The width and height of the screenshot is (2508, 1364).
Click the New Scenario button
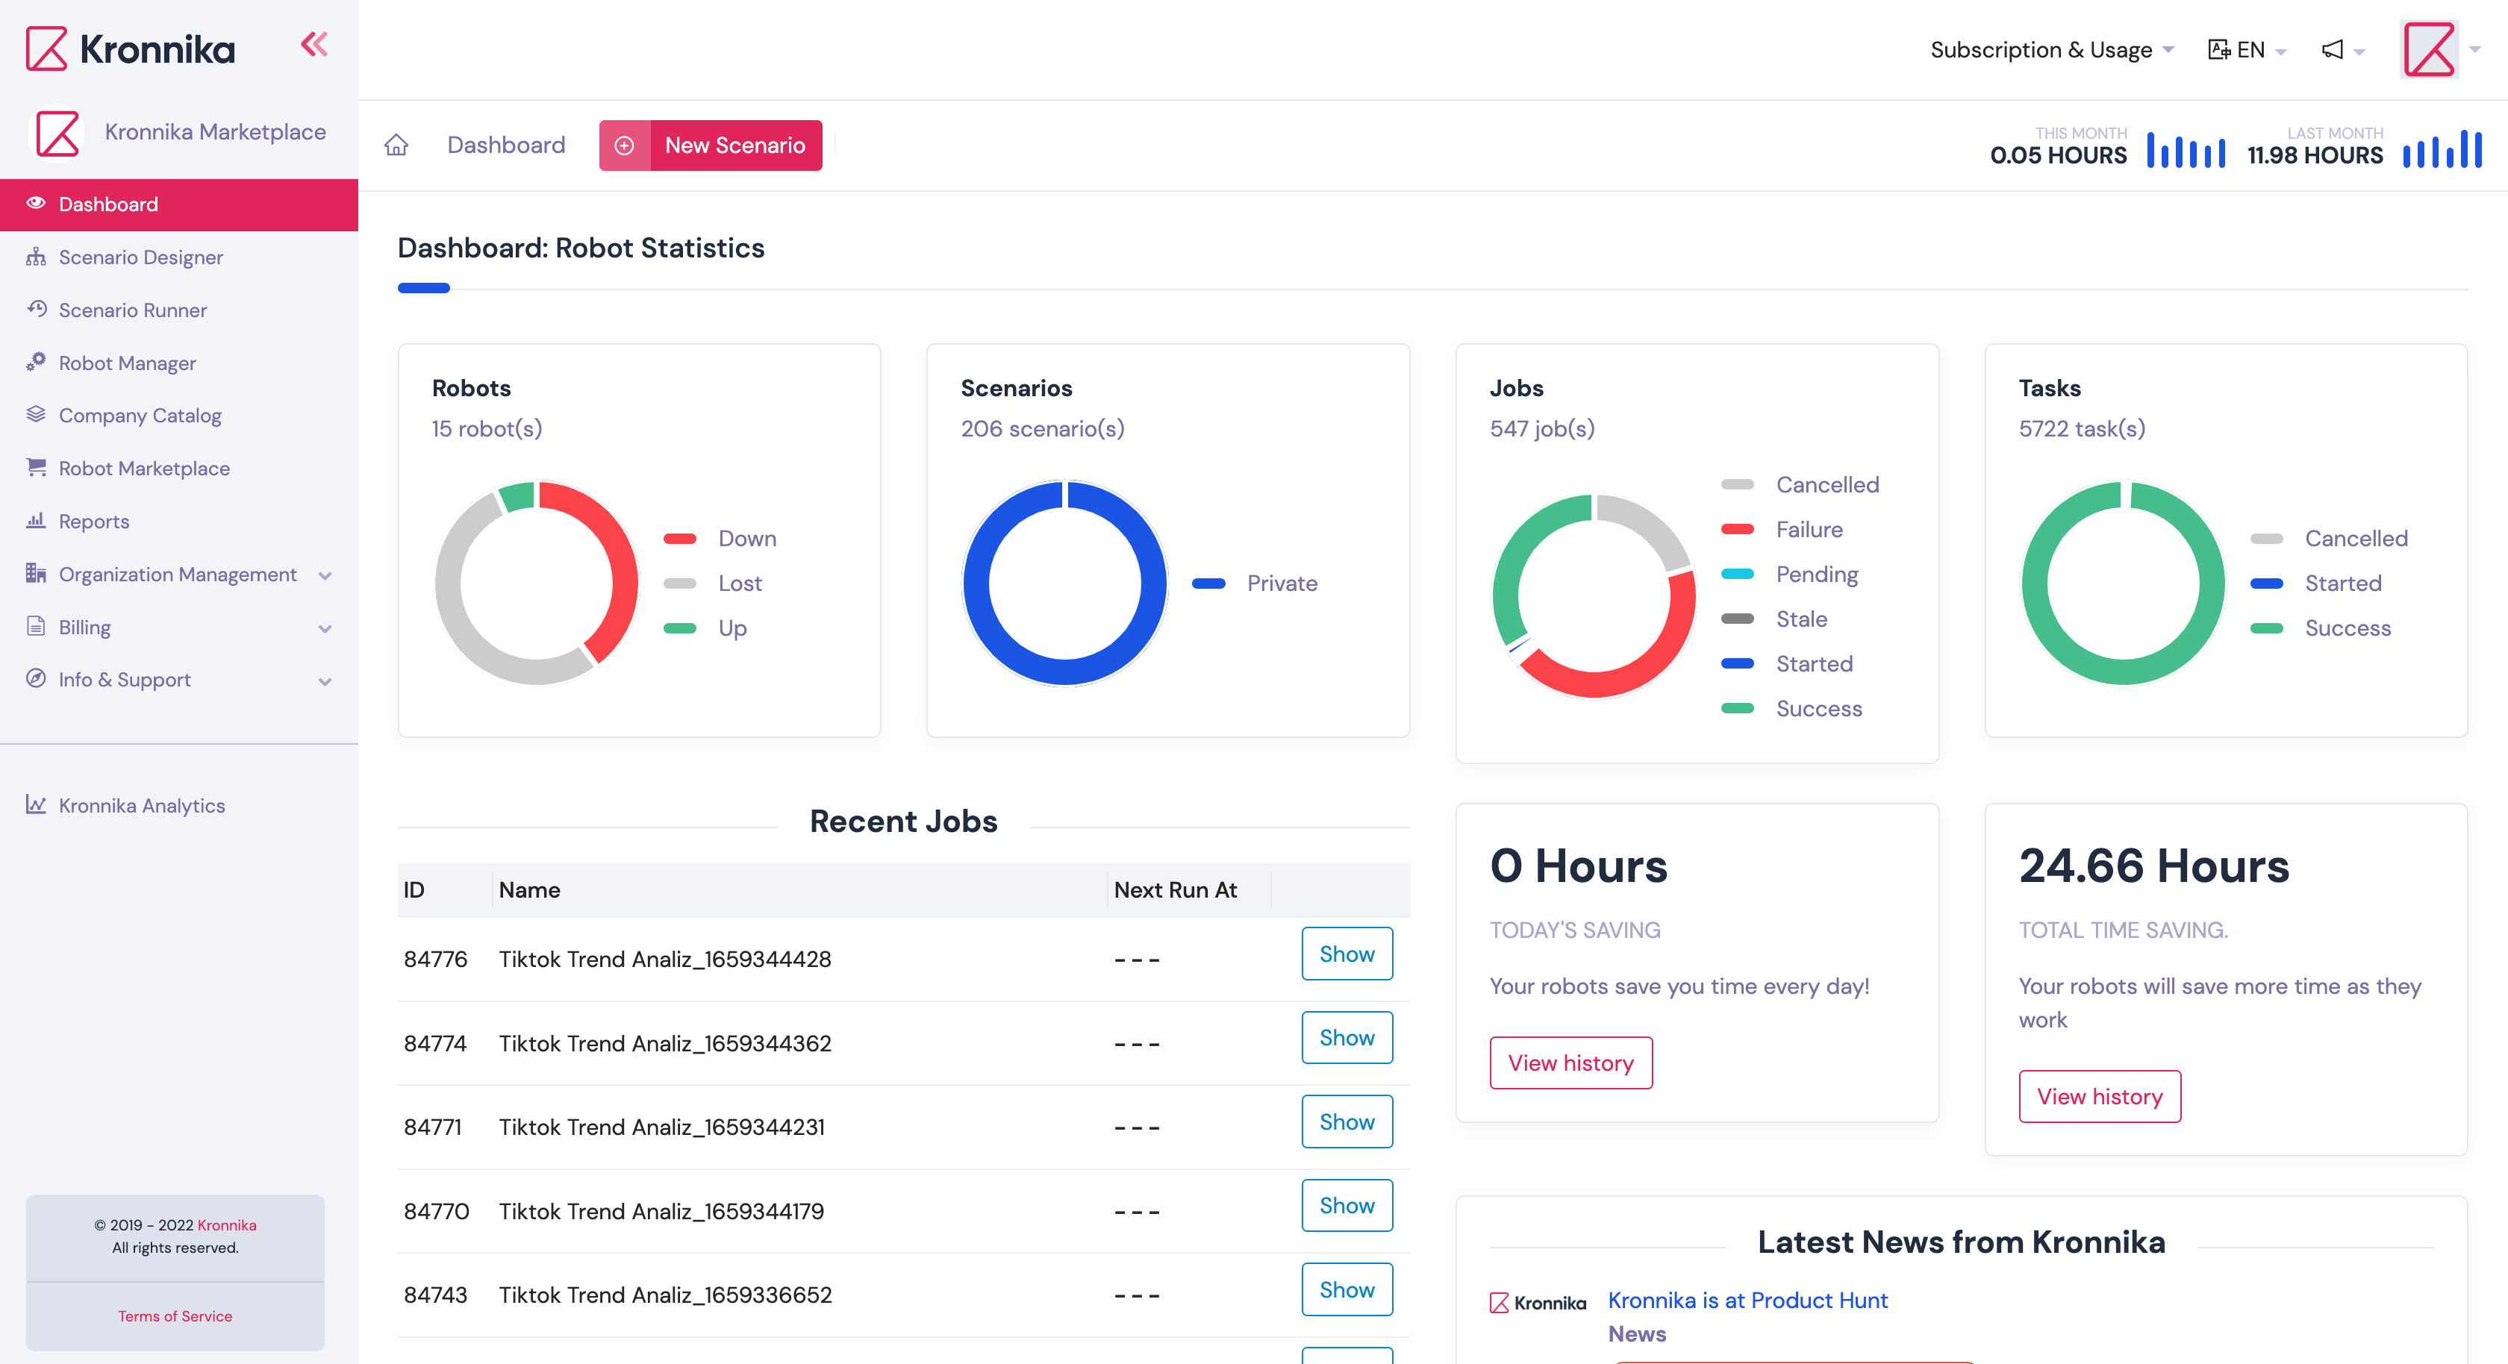711,145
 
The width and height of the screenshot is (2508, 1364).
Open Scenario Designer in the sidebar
140,257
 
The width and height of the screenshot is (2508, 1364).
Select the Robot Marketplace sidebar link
144,469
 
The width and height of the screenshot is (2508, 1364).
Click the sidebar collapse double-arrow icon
313,45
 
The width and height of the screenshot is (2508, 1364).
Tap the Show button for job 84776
1347,954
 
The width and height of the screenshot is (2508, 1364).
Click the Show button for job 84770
1347,1205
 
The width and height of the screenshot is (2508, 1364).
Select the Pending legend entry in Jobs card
1816,575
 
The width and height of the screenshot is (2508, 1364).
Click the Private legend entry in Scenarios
1282,584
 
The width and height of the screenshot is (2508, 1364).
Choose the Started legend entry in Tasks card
2342,584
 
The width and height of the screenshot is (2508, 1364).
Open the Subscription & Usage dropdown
2050,50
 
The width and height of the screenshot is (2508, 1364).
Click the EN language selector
2248,50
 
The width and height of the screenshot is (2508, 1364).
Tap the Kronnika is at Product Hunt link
1747,1301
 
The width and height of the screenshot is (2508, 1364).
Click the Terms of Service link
175,1316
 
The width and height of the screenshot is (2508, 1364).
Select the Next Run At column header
1175,890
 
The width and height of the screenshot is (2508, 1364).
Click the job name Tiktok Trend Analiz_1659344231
661,1127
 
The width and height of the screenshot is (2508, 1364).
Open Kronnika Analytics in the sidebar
141,805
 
